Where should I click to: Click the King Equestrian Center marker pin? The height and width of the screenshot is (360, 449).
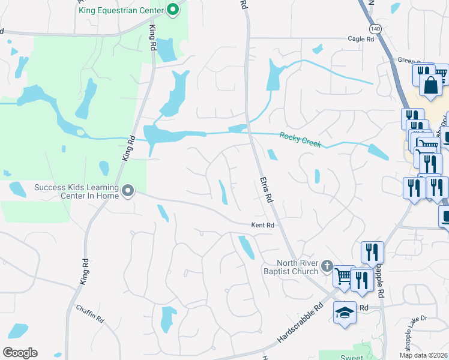[173, 9]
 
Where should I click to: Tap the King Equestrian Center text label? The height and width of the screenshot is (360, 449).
[120, 11]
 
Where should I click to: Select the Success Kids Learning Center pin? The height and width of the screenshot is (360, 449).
[127, 191]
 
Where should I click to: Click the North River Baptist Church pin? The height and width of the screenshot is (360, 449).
[327, 265]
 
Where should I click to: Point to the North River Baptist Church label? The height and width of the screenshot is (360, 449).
[297, 268]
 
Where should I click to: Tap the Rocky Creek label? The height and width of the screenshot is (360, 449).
[300, 140]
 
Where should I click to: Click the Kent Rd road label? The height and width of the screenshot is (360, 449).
[262, 225]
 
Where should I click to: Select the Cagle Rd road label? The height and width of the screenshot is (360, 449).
[361, 39]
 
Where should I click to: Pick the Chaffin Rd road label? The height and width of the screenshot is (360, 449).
[90, 314]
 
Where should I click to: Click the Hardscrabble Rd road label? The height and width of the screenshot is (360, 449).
[300, 323]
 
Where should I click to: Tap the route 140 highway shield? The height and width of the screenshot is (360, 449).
[375, 29]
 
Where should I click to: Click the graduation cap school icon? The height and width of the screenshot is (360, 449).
[345, 313]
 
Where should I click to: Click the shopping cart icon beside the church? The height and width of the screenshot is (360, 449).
[343, 276]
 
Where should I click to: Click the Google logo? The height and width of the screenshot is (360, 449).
[20, 353]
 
